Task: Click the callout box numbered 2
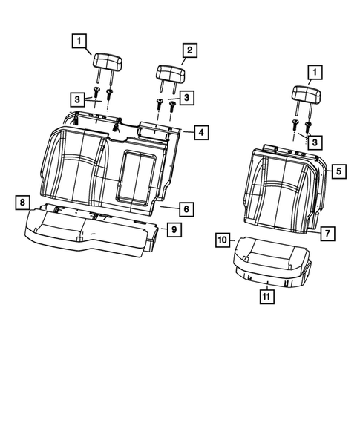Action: click(189, 50)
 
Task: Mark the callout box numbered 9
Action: click(172, 229)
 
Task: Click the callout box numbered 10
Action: click(223, 240)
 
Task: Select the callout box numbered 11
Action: click(265, 298)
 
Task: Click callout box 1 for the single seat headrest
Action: click(315, 72)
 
